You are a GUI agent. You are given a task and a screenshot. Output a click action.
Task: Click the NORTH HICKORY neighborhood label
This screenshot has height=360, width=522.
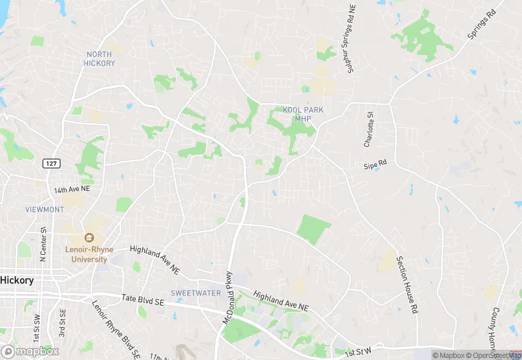point(100,58)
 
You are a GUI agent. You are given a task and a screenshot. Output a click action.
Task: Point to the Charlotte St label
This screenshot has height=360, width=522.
point(369,129)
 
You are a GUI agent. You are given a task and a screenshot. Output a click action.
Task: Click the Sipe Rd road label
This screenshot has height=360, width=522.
point(376,165)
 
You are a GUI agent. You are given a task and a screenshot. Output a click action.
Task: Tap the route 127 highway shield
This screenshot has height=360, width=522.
point(50,163)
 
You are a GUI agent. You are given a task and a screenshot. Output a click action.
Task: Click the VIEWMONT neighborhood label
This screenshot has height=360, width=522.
point(44,209)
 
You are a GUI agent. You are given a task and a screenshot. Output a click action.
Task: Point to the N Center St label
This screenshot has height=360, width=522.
point(43,245)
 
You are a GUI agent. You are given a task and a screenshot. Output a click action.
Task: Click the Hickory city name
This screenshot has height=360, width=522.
point(17,280)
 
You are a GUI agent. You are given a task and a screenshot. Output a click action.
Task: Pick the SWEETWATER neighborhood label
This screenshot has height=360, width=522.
point(196,293)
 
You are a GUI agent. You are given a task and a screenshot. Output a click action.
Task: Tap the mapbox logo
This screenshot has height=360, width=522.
point(30,351)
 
